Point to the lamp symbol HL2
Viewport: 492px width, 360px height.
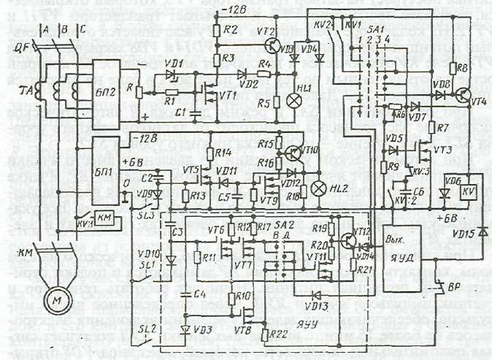click(x=319, y=188)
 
